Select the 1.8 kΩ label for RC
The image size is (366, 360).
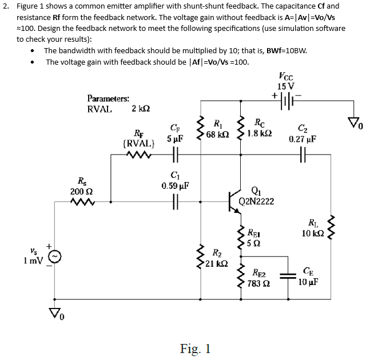coord(260,133)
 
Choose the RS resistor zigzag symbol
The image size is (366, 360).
coord(80,201)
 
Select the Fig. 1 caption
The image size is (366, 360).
coord(194,348)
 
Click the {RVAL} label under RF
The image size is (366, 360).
coord(137,143)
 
